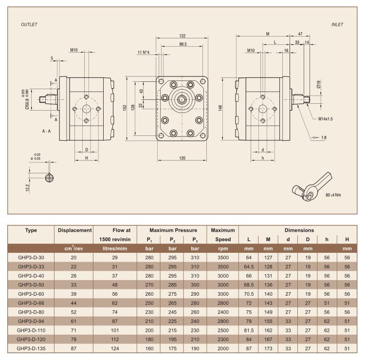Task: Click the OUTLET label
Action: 29,24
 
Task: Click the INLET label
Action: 337,24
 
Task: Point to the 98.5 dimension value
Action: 183,44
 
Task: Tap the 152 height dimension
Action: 125,108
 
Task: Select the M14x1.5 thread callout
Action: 326,119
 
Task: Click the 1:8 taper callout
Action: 324,137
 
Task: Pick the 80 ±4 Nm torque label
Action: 333,195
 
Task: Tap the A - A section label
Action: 46,131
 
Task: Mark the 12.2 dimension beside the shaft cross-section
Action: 28,188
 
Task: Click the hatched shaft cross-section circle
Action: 50,178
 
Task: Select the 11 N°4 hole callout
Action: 144,52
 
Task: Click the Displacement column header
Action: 75,230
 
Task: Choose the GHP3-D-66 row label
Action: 31,303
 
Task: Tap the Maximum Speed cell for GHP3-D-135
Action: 223,348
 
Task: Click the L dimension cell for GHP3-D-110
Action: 249,330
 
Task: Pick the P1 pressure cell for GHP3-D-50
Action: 149,285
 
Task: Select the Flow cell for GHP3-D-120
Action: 115,339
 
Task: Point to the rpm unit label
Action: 223,248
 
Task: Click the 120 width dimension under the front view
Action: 182,158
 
